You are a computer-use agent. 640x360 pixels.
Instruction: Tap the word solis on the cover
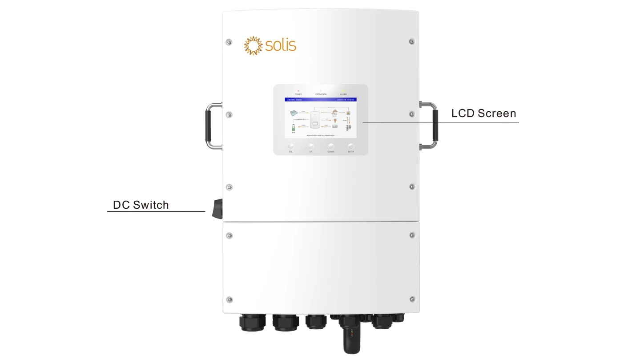point(281,45)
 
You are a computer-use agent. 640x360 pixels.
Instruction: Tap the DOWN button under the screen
point(330,146)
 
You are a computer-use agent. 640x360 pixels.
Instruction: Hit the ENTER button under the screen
point(351,146)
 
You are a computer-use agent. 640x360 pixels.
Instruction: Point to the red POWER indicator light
point(298,91)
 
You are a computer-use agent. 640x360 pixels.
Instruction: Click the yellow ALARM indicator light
point(343,91)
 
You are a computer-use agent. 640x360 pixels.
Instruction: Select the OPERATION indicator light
point(321,91)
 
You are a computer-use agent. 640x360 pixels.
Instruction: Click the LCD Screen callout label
point(483,113)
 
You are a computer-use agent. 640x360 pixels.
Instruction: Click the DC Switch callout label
point(141,205)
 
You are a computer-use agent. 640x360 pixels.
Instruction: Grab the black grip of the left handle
point(208,126)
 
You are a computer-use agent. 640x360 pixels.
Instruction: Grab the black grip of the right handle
point(435,126)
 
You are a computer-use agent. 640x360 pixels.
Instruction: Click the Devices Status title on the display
point(294,100)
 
